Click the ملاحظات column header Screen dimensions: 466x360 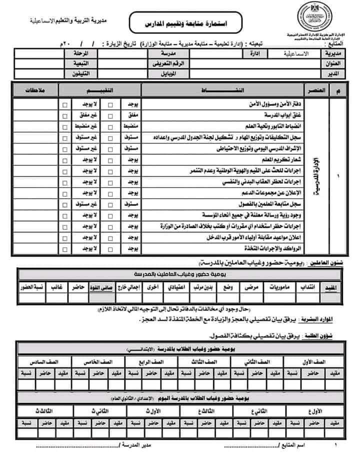click(35, 90)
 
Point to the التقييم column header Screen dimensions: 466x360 click(101, 90)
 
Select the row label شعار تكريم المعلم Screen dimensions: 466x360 click(276, 159)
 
